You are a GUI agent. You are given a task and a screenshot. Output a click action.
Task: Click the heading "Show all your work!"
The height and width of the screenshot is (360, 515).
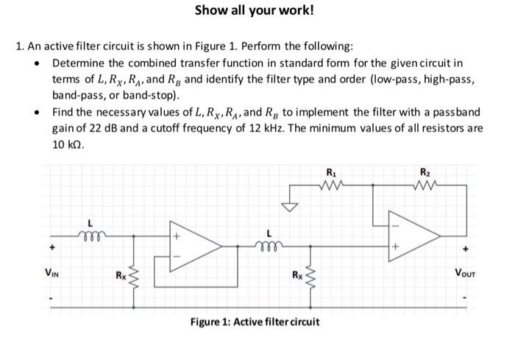(x=253, y=10)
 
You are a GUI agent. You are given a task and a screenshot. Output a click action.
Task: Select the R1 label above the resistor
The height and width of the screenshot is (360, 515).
(x=329, y=174)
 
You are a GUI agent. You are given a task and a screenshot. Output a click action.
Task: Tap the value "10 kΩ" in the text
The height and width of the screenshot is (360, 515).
(x=69, y=144)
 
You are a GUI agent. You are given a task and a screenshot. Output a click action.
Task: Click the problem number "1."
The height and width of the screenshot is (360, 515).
(x=19, y=46)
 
